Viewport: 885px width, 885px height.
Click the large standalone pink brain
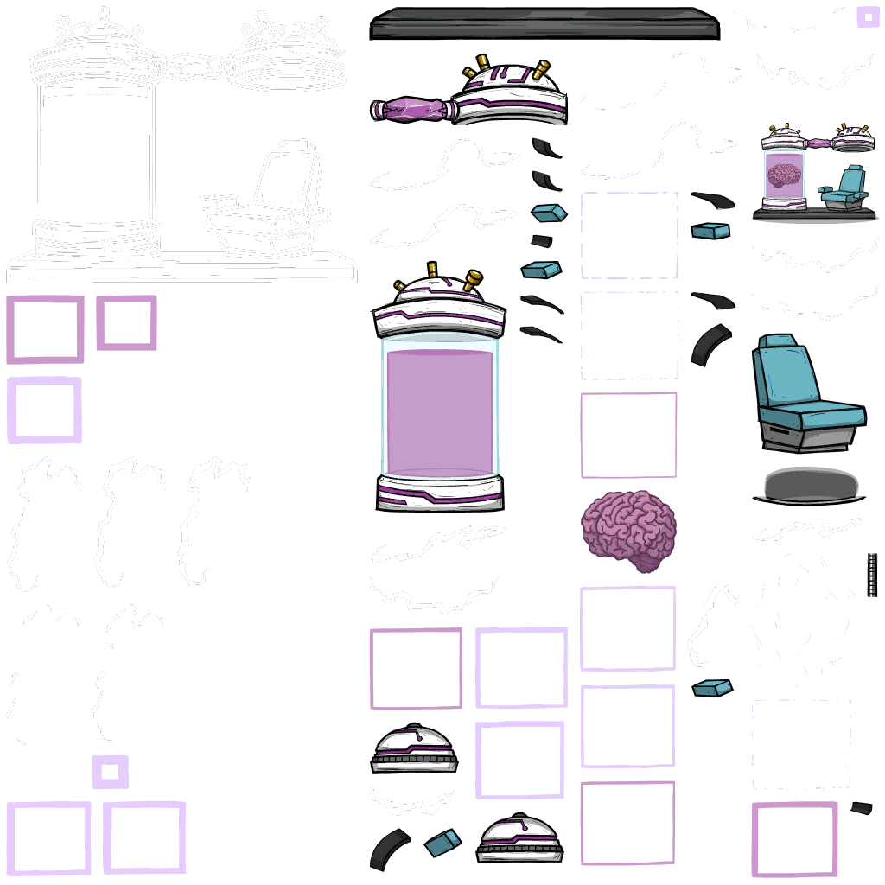pyautogui.click(x=628, y=528)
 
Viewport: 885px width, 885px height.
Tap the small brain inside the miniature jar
pyautogui.click(x=784, y=176)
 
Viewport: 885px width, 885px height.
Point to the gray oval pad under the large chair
pyautogui.click(x=808, y=485)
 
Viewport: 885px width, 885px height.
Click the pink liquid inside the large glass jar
pyautogui.click(x=439, y=411)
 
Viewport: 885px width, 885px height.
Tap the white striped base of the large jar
pyautogui.click(x=440, y=490)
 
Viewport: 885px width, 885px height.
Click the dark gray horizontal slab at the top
pyautogui.click(x=544, y=23)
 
